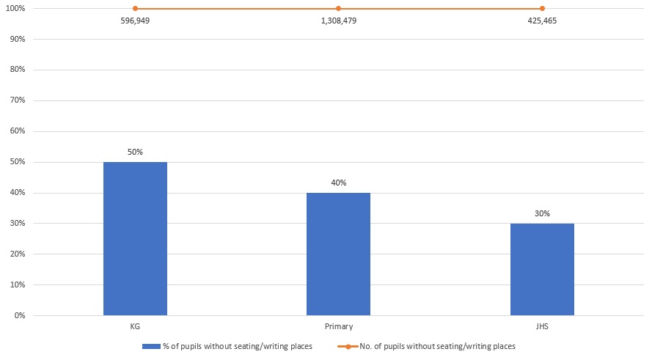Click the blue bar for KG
(135, 238)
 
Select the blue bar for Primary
(338, 254)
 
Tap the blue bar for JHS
(542, 269)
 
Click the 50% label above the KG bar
(135, 152)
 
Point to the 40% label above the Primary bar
(338, 183)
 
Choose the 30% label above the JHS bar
(542, 213)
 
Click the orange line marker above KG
(135, 9)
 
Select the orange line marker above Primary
(338, 9)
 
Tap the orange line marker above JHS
(542, 9)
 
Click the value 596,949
(135, 21)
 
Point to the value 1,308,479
(338, 21)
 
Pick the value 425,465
(542, 21)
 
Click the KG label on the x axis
(135, 326)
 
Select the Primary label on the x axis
(338, 326)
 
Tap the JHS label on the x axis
(542, 326)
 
